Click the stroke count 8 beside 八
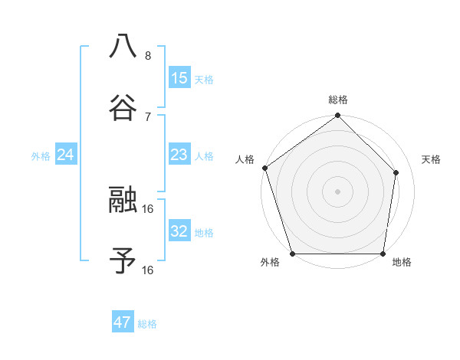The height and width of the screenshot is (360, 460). (x=147, y=56)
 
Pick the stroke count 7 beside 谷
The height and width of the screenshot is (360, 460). (x=147, y=116)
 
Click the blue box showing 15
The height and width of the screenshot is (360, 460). (x=179, y=78)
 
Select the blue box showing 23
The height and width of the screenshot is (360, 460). (x=179, y=155)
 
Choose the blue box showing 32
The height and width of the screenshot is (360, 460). (x=179, y=231)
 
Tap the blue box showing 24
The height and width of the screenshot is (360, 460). (x=66, y=155)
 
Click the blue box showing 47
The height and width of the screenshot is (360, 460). (x=123, y=322)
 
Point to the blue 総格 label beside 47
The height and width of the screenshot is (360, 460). (x=147, y=324)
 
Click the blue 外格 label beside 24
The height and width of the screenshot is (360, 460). (x=41, y=156)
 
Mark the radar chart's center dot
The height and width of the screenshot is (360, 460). (x=337, y=191)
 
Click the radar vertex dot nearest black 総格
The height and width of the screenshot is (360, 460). (x=337, y=116)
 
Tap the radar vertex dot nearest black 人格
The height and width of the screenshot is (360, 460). (x=264, y=168)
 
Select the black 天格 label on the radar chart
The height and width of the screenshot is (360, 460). (x=431, y=159)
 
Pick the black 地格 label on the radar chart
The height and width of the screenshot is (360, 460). (x=402, y=262)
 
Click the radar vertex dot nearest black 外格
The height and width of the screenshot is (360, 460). (x=293, y=254)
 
